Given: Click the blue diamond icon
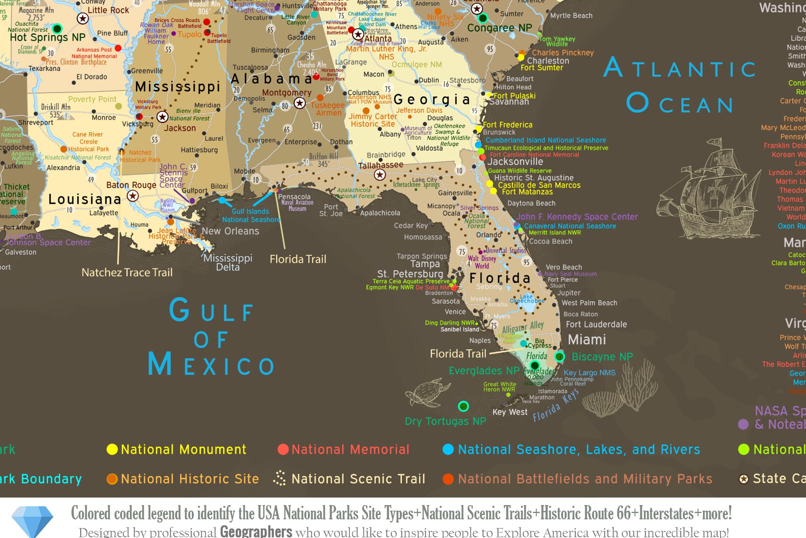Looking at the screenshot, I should [32, 521].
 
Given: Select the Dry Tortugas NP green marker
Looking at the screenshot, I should [463, 406].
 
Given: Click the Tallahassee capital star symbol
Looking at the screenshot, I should [380, 175].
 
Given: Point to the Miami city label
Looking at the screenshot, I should [587, 340].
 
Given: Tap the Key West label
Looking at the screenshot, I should [510, 412].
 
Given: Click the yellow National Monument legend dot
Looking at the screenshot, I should [112, 450].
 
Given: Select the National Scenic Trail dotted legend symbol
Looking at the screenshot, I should [279, 478].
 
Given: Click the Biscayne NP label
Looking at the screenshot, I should [602, 357].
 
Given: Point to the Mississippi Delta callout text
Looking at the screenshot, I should [228, 262].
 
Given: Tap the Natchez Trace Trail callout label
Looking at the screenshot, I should [127, 273].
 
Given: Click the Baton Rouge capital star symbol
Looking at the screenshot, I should [133, 196].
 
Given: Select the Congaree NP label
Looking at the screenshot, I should [499, 28].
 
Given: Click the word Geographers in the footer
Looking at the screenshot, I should [256, 531].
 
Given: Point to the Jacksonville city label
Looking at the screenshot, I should [515, 162].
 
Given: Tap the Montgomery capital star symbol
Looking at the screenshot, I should [300, 103].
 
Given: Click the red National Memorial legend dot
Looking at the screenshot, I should [283, 450].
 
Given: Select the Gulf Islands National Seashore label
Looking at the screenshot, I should [250, 215].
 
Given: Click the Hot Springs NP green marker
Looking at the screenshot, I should [57, 29].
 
